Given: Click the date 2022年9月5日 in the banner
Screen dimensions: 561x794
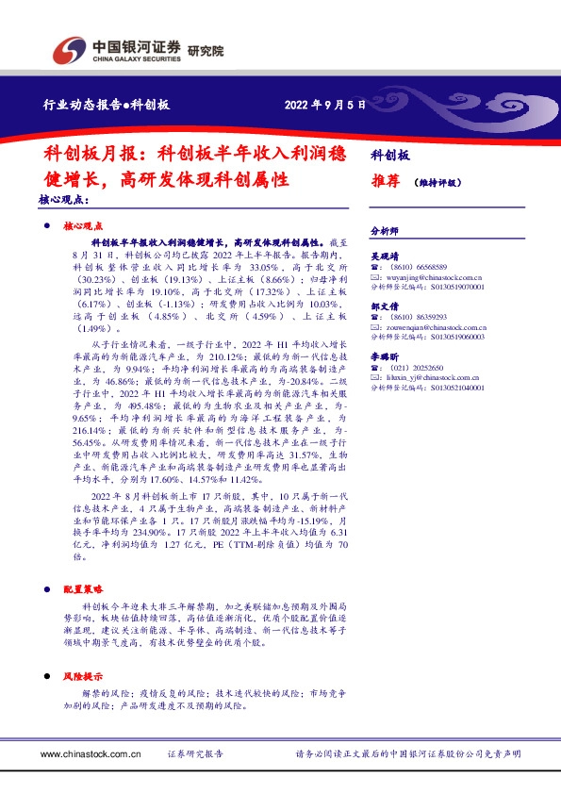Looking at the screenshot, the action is coord(324,105).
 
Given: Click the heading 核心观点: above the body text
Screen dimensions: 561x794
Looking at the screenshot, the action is coord(64,201).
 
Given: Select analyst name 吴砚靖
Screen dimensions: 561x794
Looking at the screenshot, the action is coord(385,256).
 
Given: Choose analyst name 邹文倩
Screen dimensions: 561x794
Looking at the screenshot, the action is coord(385,306).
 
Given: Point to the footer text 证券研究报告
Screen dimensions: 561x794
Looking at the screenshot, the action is coord(195,754).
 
